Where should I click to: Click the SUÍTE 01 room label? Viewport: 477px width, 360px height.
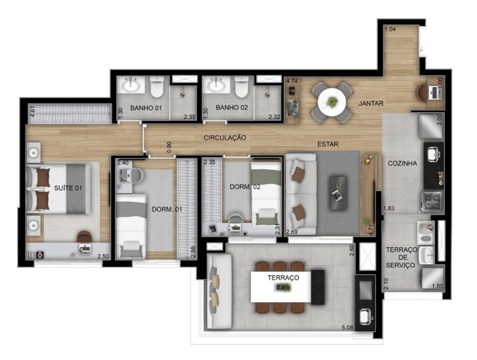(68, 188)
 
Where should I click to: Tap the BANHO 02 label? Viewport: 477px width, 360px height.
(231, 108)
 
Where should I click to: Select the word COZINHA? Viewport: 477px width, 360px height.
(402, 163)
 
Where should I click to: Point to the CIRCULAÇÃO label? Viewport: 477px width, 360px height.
(225, 138)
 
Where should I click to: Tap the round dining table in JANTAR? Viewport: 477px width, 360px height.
(332, 102)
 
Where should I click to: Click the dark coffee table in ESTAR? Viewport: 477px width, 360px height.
(338, 193)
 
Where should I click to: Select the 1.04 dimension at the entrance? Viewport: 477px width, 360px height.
(390, 29)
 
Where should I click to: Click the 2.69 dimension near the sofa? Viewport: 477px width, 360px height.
(292, 232)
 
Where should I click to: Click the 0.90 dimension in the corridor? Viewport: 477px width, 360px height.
(169, 147)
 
